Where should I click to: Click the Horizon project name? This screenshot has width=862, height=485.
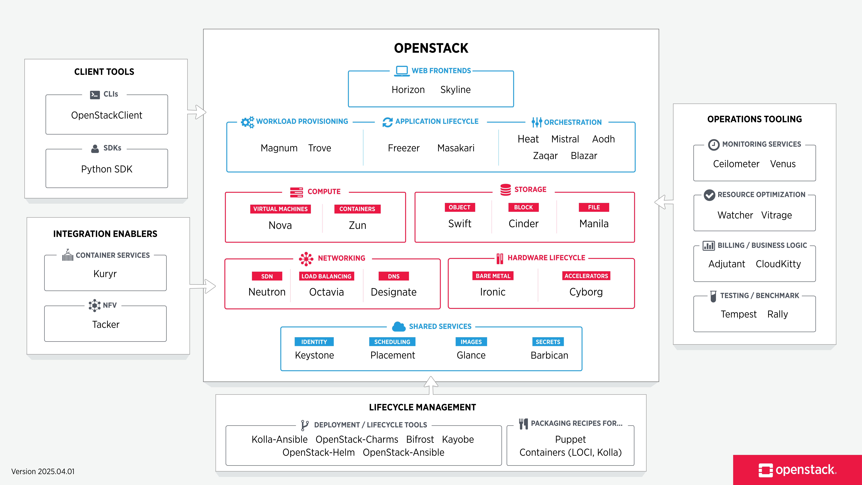click(x=408, y=90)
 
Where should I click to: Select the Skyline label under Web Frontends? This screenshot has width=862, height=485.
click(x=455, y=90)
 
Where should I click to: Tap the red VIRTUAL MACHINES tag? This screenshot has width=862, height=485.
click(x=280, y=209)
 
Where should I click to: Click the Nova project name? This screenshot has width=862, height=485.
click(x=280, y=225)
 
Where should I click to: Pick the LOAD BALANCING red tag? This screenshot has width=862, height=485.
click(x=326, y=276)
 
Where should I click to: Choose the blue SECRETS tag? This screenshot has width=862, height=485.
click(x=548, y=342)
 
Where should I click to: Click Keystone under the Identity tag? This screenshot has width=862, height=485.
click(x=314, y=355)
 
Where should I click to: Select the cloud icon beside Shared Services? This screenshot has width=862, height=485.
click(x=399, y=326)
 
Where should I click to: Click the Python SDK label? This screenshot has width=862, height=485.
click(x=107, y=169)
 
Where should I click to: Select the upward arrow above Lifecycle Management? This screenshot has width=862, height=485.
click(x=431, y=385)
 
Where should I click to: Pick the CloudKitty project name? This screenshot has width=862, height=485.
click(x=778, y=264)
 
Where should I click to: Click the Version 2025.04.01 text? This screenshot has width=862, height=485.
click(x=43, y=471)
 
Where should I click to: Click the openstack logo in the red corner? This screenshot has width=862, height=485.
click(x=797, y=470)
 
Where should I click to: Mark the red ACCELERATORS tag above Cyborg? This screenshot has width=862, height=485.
click(x=586, y=276)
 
